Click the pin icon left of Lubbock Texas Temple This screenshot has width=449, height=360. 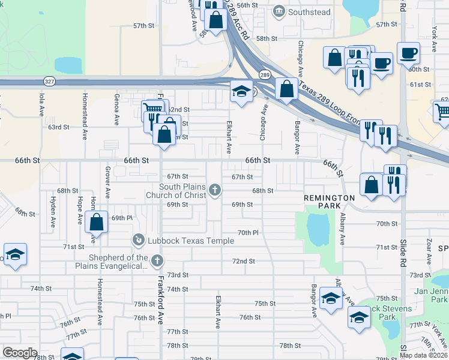[137, 241]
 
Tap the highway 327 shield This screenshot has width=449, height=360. [47, 80]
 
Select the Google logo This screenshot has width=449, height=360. [20, 352]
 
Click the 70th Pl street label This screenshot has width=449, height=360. [247, 232]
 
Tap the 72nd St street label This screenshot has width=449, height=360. [244, 261]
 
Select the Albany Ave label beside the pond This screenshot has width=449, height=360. [343, 229]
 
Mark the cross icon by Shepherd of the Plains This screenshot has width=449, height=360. [157, 260]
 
